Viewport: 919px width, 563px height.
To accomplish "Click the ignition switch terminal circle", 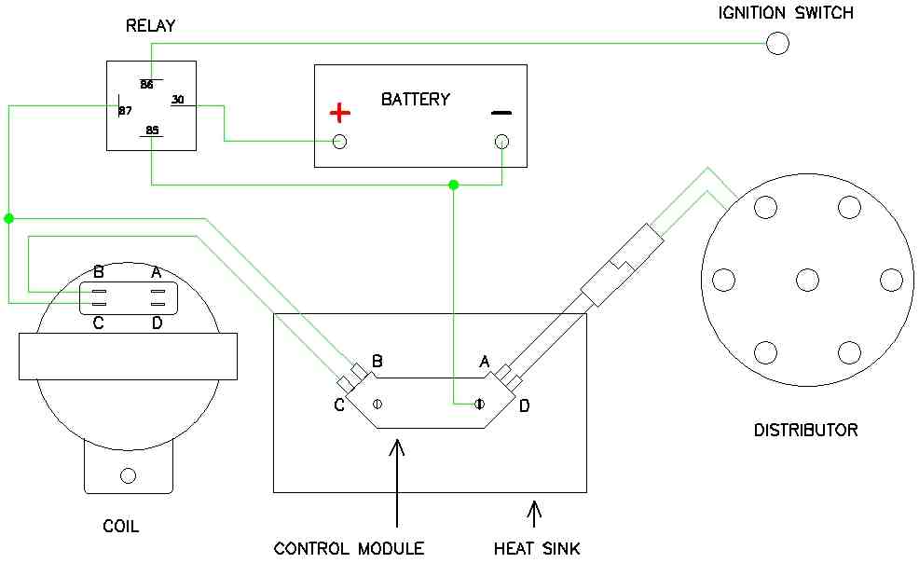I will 776,43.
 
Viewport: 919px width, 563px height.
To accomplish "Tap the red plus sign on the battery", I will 340,114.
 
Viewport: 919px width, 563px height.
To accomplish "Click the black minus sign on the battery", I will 501,114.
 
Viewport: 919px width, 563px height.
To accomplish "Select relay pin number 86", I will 146,84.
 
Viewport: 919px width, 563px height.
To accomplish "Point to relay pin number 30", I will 178,100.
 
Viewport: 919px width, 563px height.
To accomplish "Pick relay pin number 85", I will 151,130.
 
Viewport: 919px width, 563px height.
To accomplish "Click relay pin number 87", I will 125,111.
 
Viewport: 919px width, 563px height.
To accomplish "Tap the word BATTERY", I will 415,99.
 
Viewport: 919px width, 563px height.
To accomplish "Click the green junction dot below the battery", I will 454,185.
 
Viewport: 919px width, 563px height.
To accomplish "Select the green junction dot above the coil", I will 9,218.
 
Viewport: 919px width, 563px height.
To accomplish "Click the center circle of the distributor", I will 807,279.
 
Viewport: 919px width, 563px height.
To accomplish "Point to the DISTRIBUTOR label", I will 805,431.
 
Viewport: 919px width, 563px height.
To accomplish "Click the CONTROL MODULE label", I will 349,548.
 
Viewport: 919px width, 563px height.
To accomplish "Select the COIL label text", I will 120,527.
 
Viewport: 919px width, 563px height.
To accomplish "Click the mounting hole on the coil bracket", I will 129,476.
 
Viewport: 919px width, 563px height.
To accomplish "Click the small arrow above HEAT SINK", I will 534,514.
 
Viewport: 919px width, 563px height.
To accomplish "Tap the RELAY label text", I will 150,26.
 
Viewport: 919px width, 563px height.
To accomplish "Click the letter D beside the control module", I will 524,406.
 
